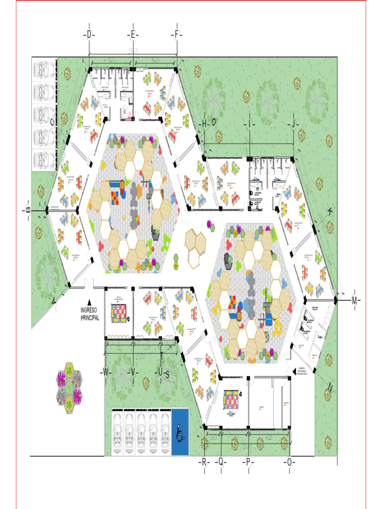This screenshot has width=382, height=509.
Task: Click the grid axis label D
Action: pos(89,35)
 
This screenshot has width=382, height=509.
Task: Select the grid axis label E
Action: pos(133,35)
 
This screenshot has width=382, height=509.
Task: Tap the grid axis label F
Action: pos(177,35)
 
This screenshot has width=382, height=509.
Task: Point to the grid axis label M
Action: pos(355,300)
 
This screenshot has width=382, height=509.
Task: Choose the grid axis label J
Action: pos(293,123)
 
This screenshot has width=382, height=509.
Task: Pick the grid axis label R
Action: pos(204,462)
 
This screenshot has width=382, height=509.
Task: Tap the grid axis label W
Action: pos(105,372)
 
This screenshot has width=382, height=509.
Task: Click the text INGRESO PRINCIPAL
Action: pos(90,314)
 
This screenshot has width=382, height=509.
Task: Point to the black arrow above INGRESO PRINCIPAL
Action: pos(90,302)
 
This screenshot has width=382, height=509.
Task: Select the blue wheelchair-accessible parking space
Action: pos(180,431)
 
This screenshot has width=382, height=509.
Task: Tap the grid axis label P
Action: pos(247,462)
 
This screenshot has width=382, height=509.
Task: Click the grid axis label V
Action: pos(133,372)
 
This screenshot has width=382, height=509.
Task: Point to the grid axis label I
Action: pos(250,123)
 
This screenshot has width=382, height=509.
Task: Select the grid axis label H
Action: pos(204,123)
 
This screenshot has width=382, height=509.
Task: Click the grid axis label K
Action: pos(330,211)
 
